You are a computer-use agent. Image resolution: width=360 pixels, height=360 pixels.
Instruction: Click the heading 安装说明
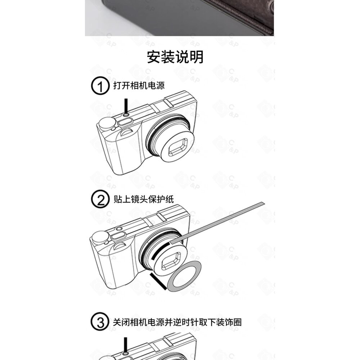coord(175,57)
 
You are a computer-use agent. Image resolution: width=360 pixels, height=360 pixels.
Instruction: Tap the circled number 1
coord(100,86)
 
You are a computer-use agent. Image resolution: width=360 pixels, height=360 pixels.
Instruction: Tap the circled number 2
coord(100,199)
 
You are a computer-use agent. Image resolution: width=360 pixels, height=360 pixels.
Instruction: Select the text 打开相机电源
coord(139,85)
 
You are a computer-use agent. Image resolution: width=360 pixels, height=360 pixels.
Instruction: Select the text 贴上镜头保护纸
coord(144,199)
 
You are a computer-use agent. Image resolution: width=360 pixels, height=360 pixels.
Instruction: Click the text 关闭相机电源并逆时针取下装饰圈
coord(177,322)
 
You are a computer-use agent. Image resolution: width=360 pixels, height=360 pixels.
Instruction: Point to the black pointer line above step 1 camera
coord(126,105)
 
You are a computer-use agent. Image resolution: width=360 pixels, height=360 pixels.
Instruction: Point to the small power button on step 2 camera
coord(119,229)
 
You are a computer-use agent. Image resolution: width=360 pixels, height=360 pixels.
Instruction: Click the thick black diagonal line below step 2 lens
coord(158,282)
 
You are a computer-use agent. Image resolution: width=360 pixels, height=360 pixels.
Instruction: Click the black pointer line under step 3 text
coord(125,345)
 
